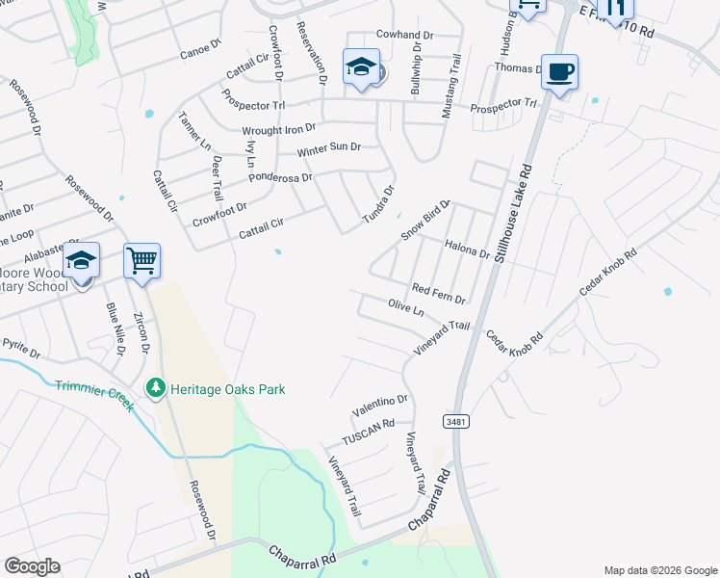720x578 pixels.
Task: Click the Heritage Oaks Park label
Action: coord(228,389)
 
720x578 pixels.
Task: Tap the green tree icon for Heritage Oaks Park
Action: coord(155,389)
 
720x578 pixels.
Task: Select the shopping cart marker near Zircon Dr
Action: coord(141,260)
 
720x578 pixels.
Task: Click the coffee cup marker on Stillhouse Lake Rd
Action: coord(559,71)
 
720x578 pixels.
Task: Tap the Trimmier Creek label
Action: coord(94,395)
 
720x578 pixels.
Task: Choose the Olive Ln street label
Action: coord(405,307)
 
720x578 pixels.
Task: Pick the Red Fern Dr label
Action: coord(439,292)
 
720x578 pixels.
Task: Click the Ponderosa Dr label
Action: coord(280,177)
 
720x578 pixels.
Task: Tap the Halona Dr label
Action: coord(467,250)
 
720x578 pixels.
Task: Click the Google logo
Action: coord(32,566)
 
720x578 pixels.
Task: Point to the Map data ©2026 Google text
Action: coord(659,570)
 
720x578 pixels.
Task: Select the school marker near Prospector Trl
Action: coord(361,68)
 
